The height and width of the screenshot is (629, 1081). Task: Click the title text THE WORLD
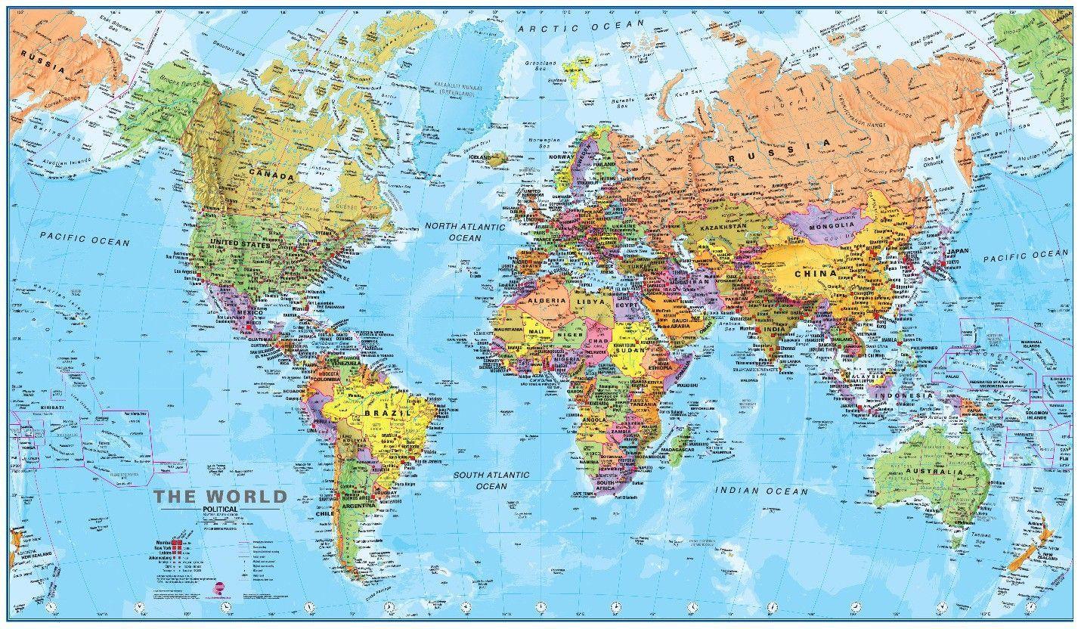click(x=221, y=497)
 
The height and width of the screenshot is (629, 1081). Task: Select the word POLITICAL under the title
click(x=220, y=510)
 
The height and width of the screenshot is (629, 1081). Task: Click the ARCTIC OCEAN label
click(x=581, y=25)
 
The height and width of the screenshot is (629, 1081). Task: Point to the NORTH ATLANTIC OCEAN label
click(x=464, y=231)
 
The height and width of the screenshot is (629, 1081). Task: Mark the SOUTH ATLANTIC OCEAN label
click(x=491, y=480)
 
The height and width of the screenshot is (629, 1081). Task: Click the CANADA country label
click(x=268, y=176)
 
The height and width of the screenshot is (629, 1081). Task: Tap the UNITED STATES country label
click(x=239, y=244)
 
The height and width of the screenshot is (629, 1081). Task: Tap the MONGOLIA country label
click(x=832, y=225)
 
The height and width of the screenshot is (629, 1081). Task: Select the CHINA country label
click(x=815, y=273)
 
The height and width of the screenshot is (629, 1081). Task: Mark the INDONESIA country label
click(x=902, y=395)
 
